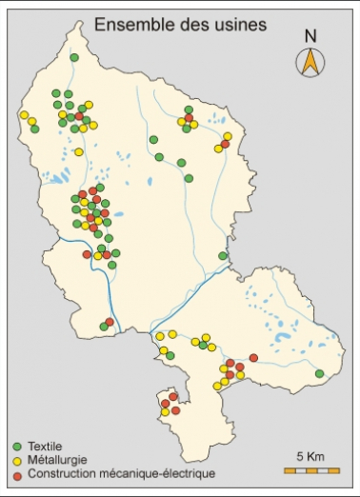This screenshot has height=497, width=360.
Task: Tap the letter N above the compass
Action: pos(310,37)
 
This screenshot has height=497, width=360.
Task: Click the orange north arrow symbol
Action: pos(310,62)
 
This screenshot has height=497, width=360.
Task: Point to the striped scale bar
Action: pos(310,470)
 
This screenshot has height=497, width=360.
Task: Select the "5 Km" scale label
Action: pos(310,456)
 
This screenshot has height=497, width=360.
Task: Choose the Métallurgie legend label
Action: pos(56,459)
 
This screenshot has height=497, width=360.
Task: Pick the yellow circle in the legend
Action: pos(17,459)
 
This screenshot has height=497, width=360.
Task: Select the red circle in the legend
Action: pos(17,472)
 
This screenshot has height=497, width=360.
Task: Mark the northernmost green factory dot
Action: pos(74,58)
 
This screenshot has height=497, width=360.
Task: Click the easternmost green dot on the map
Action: pos(320,373)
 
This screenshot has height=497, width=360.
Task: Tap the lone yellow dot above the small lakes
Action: pos(78,151)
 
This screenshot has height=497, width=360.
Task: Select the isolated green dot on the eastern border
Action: pos(223,256)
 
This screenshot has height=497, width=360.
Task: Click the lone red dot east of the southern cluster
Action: pos(253,358)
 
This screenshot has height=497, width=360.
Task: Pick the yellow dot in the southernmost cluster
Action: pos(165,412)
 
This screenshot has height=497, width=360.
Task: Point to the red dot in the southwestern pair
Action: pos(110,322)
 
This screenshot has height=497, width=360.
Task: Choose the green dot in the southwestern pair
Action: pos(103,328)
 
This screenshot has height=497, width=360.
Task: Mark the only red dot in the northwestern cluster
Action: pos(79,116)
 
